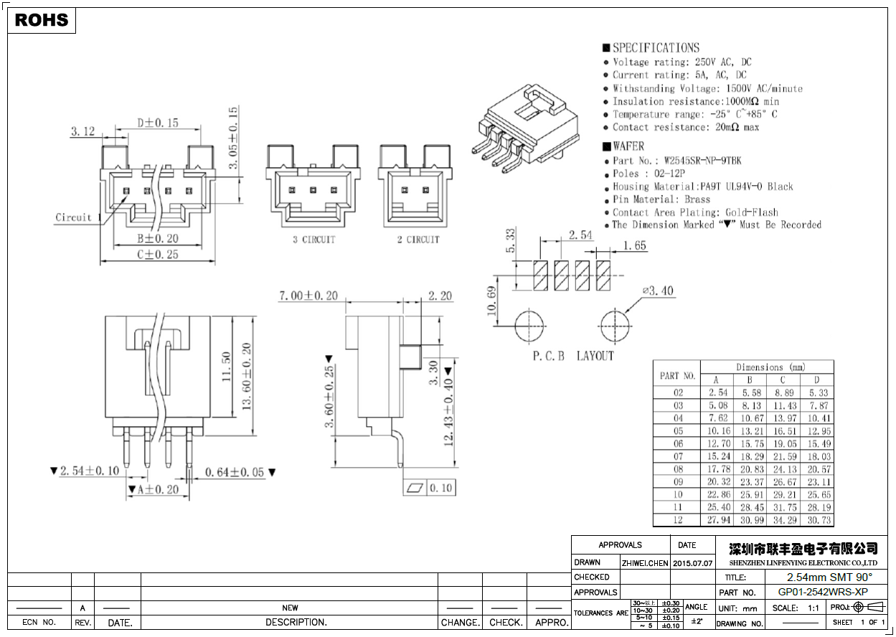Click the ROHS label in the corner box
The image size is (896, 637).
tap(42, 20)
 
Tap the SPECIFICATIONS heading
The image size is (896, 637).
tap(655, 48)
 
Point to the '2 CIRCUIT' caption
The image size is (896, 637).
tap(418, 240)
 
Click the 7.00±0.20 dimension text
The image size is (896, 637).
tap(308, 296)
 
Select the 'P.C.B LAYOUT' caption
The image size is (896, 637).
tap(573, 356)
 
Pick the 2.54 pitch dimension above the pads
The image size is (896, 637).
tap(580, 235)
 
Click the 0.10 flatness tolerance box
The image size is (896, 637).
tap(441, 488)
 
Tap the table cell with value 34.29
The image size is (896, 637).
tap(783, 520)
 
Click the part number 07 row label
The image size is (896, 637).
tap(678, 456)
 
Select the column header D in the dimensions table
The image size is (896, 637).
tap(816, 380)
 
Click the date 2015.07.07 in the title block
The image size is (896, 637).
tap(692, 563)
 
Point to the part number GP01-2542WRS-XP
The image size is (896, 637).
tap(823, 593)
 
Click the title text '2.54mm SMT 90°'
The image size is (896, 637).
tap(829, 577)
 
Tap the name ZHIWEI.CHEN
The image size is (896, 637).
tap(645, 563)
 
